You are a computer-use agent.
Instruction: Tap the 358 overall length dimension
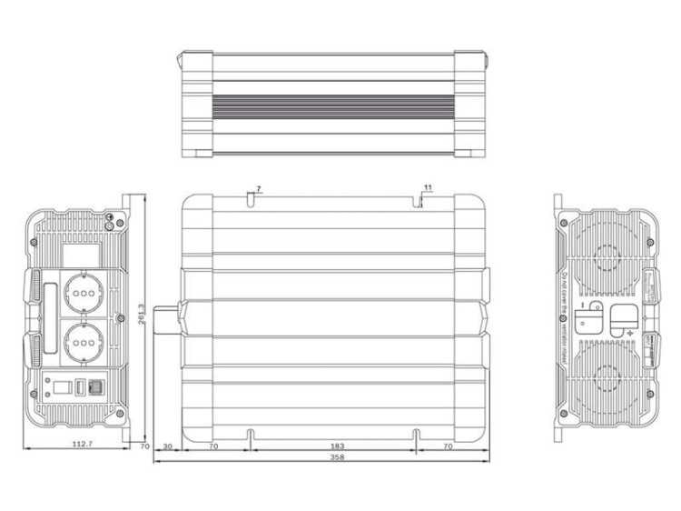[339, 457]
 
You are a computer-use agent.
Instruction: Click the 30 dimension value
[168, 446]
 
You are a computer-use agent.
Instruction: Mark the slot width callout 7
[259, 188]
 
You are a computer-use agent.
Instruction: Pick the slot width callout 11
[428, 187]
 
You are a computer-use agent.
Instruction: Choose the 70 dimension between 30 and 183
[213, 446]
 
